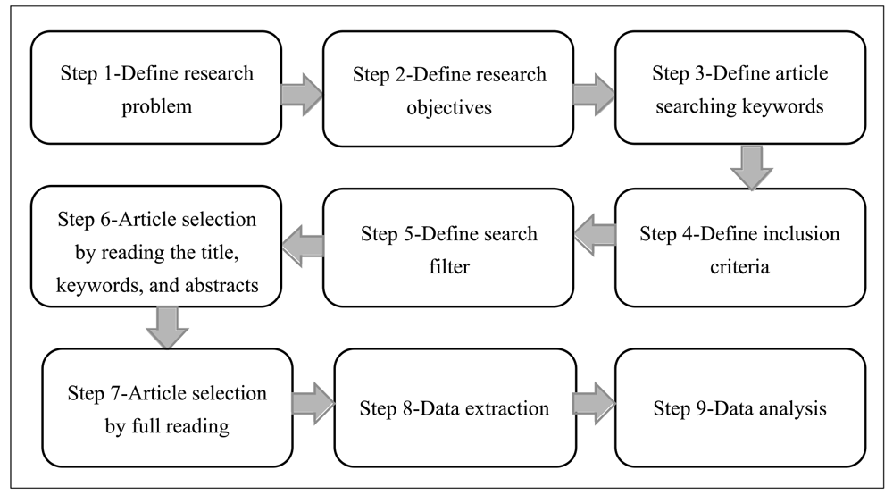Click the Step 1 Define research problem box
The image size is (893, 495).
pyautogui.click(x=155, y=88)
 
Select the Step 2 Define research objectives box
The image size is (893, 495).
pyautogui.click(x=447, y=88)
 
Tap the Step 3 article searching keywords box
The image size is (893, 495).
pyautogui.click(x=739, y=88)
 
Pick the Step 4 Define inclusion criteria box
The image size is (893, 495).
pyautogui.click(x=739, y=247)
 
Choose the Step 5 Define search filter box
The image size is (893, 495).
pyautogui.click(x=447, y=247)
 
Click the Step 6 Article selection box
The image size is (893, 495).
pyautogui.click(x=155, y=247)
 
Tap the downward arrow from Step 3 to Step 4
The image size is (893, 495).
pyautogui.click(x=749, y=167)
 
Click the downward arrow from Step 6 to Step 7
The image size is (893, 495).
pyautogui.click(x=167, y=327)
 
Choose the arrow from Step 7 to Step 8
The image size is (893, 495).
pyautogui.click(x=313, y=400)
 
